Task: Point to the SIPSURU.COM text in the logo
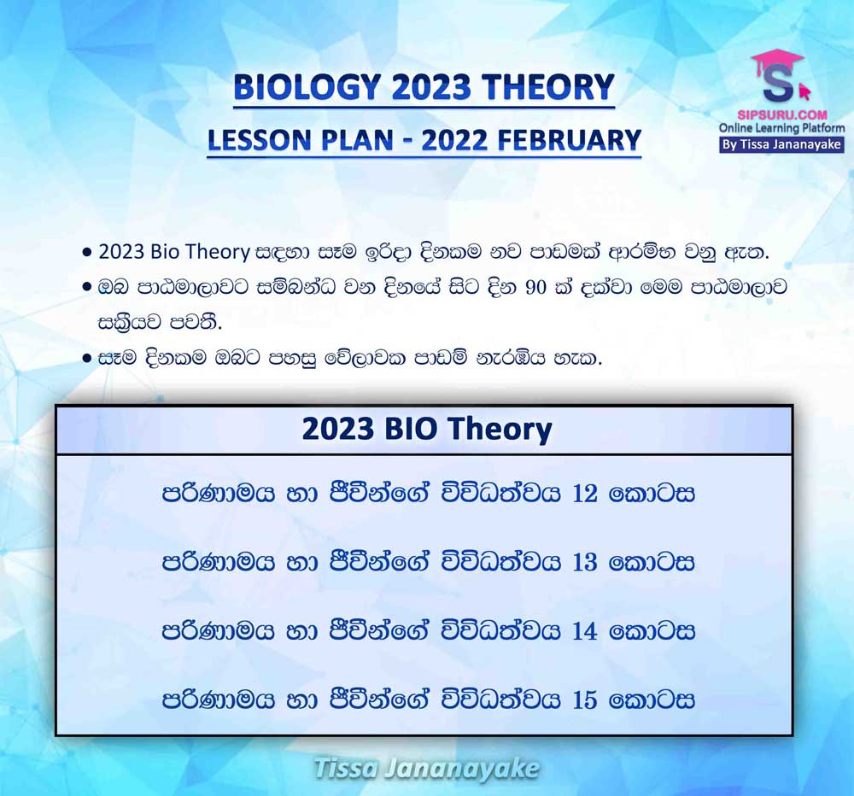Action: pos(782,115)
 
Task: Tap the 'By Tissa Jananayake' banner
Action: pos(781,144)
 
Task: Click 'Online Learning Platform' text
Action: pos(782,129)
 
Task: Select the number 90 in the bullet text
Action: pos(536,287)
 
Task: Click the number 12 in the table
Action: pos(585,494)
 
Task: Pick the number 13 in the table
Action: pos(585,562)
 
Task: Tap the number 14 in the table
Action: pos(585,631)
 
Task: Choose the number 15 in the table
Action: pos(585,699)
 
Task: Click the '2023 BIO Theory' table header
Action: pos(426,429)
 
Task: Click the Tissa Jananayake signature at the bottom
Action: pos(427,769)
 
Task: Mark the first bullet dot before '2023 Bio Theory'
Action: pos(86,253)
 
